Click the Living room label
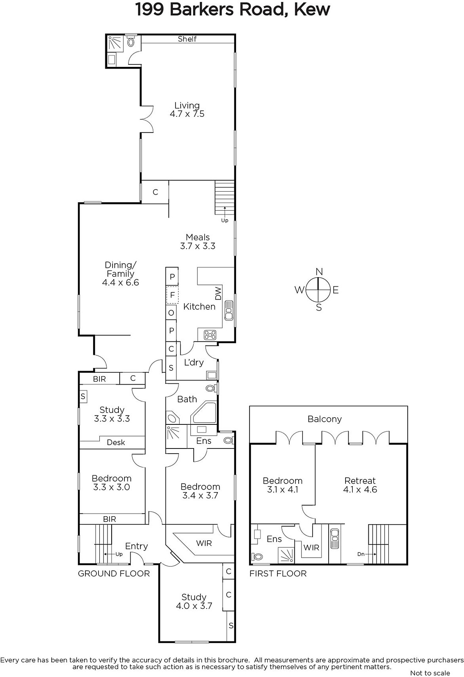187,105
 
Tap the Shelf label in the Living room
187,39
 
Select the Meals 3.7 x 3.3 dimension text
198,246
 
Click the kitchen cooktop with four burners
210,335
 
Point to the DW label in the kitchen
218,294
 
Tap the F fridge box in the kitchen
173,294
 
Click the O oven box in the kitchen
171,313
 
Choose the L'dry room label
194,362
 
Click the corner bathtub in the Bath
204,413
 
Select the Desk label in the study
116,443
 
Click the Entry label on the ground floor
137,546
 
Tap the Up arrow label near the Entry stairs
119,554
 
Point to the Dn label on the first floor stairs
361,554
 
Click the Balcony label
324,419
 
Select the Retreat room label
360,481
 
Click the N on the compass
319,272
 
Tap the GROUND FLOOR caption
114,574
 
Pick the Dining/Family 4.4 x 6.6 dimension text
121,283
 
